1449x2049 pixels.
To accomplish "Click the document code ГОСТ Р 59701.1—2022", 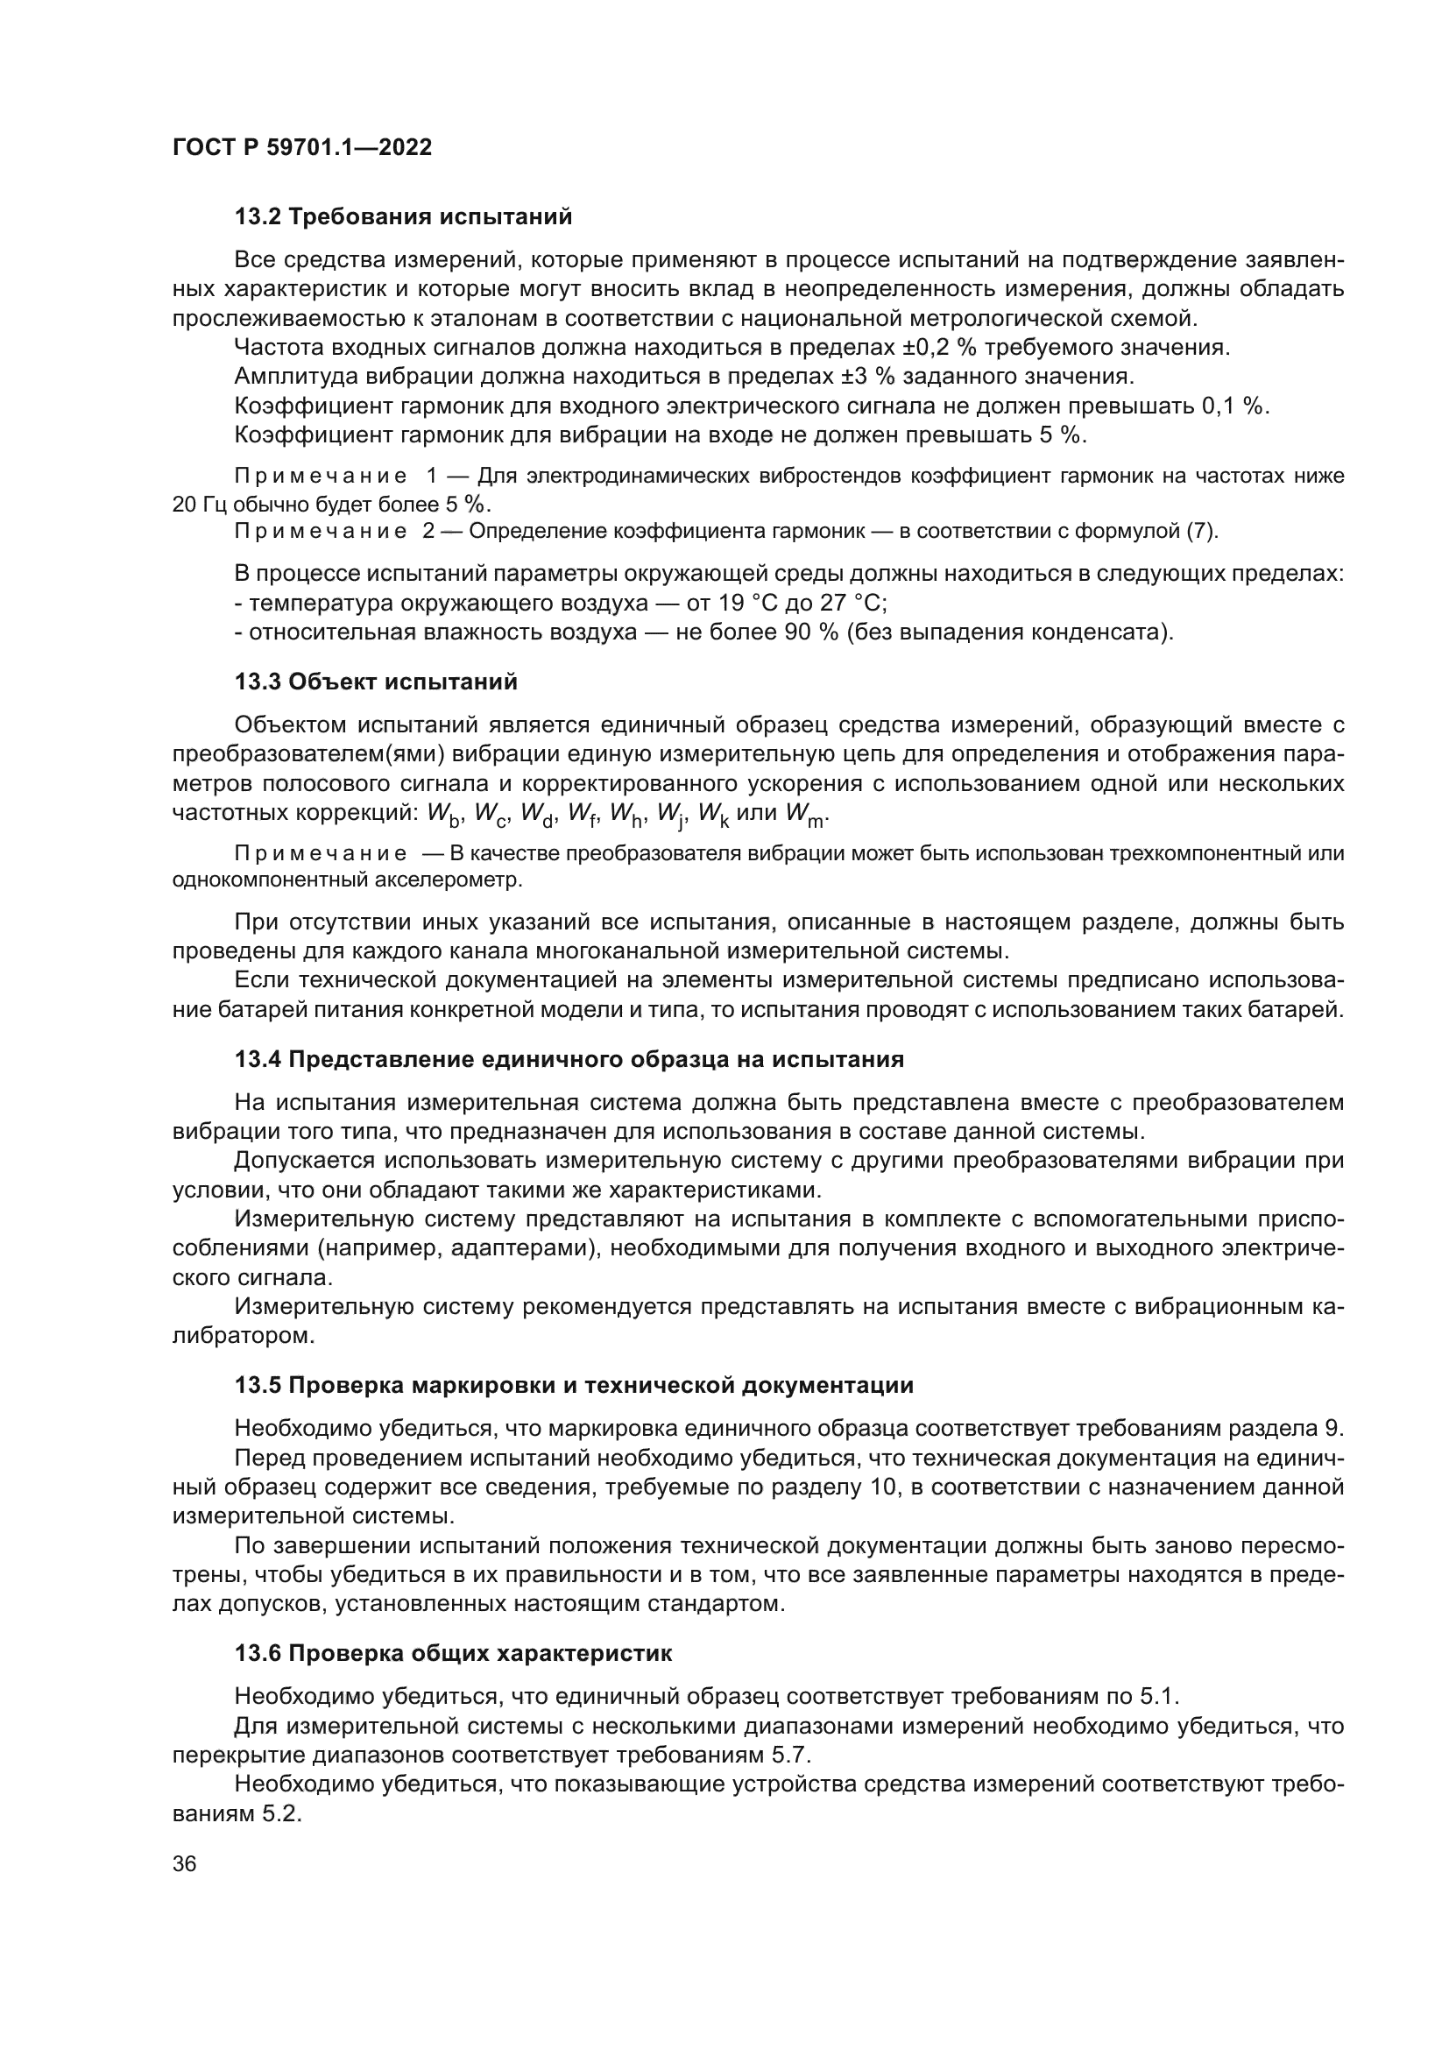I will coord(301,147).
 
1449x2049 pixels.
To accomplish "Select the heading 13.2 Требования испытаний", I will coord(403,217).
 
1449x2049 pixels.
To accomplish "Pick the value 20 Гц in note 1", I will coord(200,505).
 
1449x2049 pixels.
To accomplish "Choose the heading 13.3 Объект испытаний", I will coord(376,682).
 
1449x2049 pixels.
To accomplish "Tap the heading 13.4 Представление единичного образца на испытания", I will coord(569,1060).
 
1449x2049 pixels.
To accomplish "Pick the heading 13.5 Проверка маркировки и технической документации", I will coord(574,1386).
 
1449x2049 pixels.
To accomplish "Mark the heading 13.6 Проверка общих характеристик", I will coord(453,1654).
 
